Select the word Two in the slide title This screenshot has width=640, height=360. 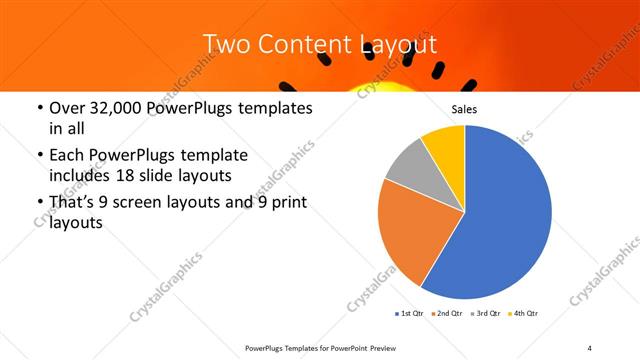225,44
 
